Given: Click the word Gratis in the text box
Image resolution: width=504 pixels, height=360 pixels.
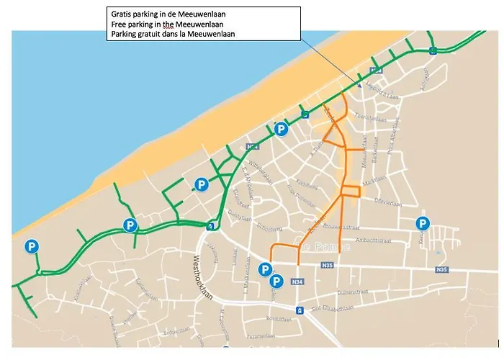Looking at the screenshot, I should [x=121, y=14].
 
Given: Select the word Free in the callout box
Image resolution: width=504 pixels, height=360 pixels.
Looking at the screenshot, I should [x=119, y=24].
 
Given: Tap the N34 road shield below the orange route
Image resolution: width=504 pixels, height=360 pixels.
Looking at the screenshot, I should [x=297, y=282].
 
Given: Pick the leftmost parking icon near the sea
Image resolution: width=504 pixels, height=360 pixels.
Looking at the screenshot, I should [x=32, y=247].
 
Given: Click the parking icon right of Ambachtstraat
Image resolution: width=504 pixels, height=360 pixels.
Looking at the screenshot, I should [x=423, y=223].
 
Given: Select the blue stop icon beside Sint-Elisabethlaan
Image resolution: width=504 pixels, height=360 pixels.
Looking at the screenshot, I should [x=299, y=310].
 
